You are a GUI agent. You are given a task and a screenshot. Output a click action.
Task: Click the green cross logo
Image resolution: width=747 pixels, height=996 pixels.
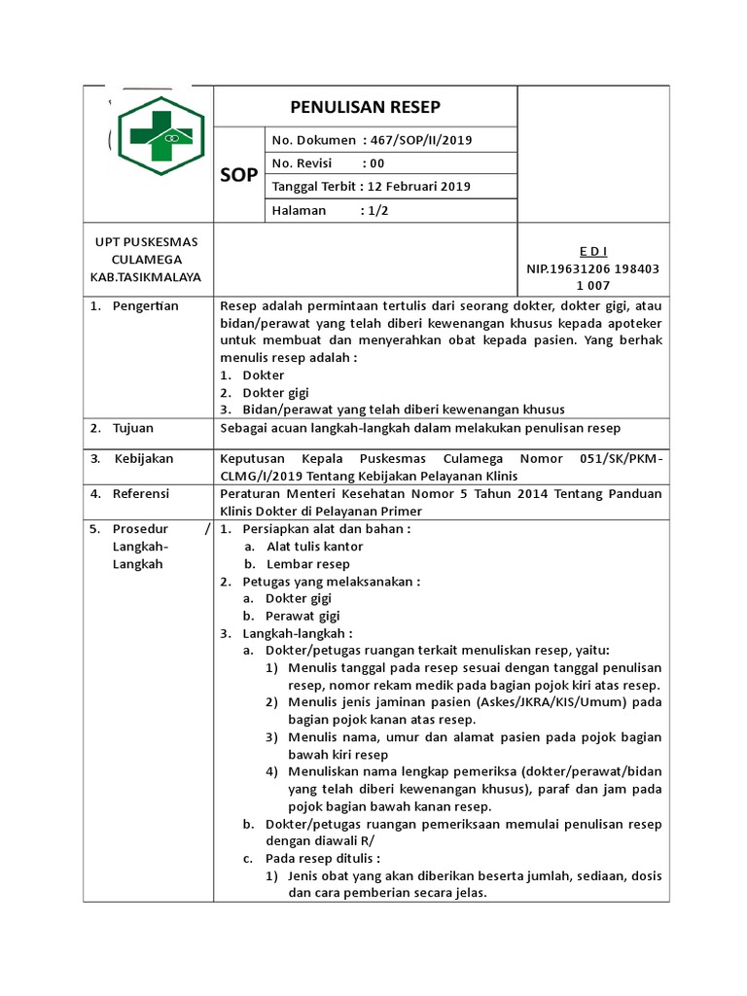pyautogui.click(x=161, y=135)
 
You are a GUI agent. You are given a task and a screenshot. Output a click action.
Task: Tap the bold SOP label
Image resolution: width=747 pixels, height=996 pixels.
pyautogui.click(x=238, y=175)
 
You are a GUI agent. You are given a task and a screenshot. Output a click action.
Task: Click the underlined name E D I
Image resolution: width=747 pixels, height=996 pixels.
pyautogui.click(x=592, y=251)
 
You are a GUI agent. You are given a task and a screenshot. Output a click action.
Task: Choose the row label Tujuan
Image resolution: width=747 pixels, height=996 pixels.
pyautogui.click(x=133, y=428)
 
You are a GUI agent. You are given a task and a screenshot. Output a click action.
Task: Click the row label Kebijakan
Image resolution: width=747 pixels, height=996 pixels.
pyautogui.click(x=144, y=457)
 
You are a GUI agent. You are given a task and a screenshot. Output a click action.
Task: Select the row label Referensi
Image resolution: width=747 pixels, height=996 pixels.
pyautogui.click(x=141, y=494)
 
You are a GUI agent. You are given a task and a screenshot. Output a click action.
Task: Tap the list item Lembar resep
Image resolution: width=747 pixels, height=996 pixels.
pyautogui.click(x=308, y=564)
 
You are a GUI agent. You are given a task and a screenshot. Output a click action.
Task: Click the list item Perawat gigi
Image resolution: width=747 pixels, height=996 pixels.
pyautogui.click(x=302, y=616)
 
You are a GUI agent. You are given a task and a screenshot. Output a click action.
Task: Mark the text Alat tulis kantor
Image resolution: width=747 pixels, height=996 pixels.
pyautogui.click(x=315, y=547)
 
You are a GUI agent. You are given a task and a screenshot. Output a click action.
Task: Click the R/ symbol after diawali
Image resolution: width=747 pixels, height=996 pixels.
pyautogui.click(x=367, y=841)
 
